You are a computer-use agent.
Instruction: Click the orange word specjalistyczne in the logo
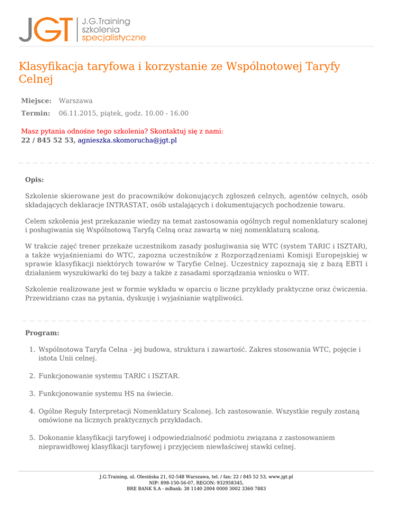point(114,37)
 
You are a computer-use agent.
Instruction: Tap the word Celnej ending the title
point(36,79)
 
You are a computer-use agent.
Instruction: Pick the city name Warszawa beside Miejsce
point(76,101)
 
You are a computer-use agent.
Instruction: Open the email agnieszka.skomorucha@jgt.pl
point(127,140)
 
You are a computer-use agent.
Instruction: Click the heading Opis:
point(34,180)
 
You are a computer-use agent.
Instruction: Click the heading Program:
point(41,333)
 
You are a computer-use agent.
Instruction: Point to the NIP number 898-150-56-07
point(178,482)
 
